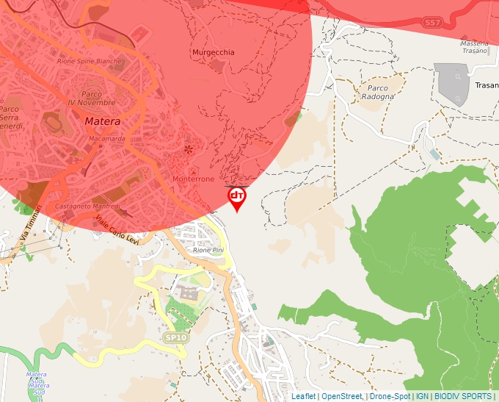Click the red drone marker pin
[x=237, y=198]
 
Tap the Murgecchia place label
[x=214, y=53]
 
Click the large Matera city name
[x=102, y=121]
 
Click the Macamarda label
[x=107, y=138]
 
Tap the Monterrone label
[x=193, y=179]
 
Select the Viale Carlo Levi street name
[x=117, y=231]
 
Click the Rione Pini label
[x=208, y=251]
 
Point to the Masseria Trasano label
[x=474, y=47]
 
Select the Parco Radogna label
[x=376, y=93]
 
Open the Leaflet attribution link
[x=303, y=396]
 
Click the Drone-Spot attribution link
[x=390, y=396]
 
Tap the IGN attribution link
[x=422, y=396]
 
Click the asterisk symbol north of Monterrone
[x=189, y=150]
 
